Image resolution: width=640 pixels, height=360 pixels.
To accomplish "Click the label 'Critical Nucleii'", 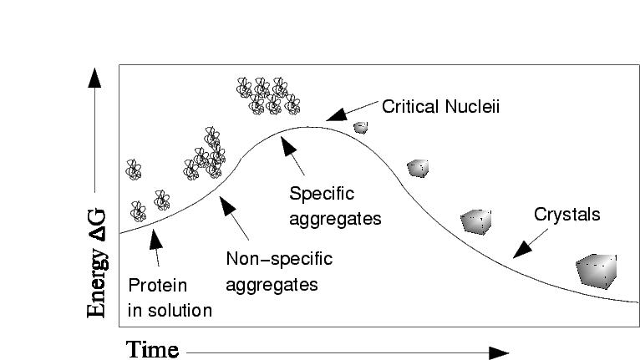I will coord(440,108).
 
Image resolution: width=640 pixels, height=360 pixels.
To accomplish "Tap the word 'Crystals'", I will coord(566,215).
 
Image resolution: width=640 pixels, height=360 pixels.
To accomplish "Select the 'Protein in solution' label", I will coord(170,297).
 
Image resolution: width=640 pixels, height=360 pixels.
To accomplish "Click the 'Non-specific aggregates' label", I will coord(279,271).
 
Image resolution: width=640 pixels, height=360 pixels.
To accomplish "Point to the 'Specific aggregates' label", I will coord(334,206).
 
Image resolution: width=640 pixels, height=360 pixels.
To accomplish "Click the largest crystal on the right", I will coord(597,271).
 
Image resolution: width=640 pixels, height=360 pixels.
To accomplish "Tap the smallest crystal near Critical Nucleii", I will coord(360,128).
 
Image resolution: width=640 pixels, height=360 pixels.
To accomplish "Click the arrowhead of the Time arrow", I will coord(499,352).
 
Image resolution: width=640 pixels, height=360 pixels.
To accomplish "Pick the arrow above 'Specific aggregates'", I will coord(292,149).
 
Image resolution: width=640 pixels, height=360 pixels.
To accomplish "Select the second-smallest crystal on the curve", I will coord(418,168).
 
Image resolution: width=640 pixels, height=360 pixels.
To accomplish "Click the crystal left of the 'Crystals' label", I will coord(476,221).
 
